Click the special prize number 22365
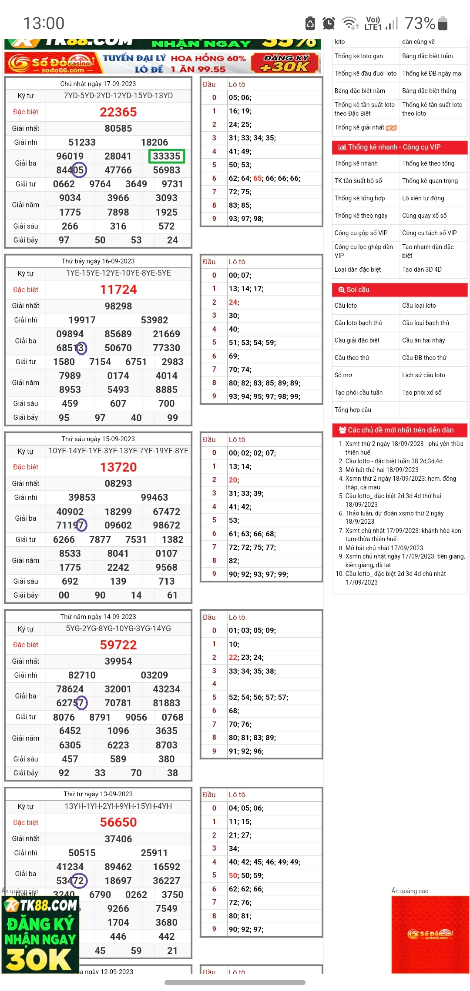tap(118, 112)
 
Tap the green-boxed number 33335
tap(166, 156)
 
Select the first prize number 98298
tap(118, 306)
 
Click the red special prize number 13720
tap(118, 467)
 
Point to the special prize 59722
tap(118, 645)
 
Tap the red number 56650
tap(118, 822)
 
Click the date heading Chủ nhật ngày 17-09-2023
tap(98, 84)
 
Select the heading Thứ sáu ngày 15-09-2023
tap(98, 439)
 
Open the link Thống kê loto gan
tap(359, 56)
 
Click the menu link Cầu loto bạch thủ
tap(358, 323)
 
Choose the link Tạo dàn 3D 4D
tap(422, 269)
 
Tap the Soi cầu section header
tap(358, 289)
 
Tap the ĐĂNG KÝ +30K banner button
tap(285, 63)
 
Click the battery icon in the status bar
tap(443, 23)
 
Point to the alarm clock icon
tap(329, 23)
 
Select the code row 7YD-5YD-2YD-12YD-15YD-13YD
tap(118, 96)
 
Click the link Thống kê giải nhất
tap(359, 127)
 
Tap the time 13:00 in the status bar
tap(44, 23)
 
